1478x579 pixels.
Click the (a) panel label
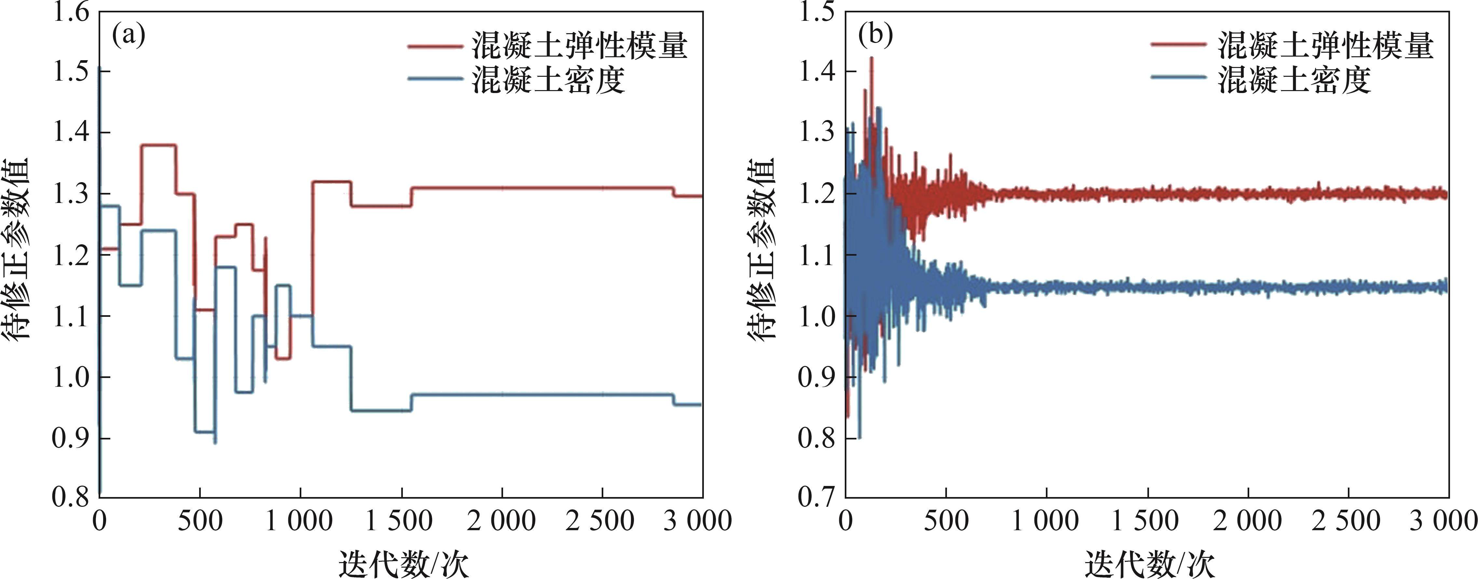click(129, 35)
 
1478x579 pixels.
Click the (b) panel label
click(875, 35)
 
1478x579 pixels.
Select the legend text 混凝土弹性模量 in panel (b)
click(1325, 46)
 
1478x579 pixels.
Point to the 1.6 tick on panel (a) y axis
click(71, 13)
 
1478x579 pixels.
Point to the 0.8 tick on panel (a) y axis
click(71, 496)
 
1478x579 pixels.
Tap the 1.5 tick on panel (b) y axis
click(817, 13)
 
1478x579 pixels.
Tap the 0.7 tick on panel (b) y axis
click(817, 496)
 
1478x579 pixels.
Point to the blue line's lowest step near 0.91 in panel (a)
click(205, 432)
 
